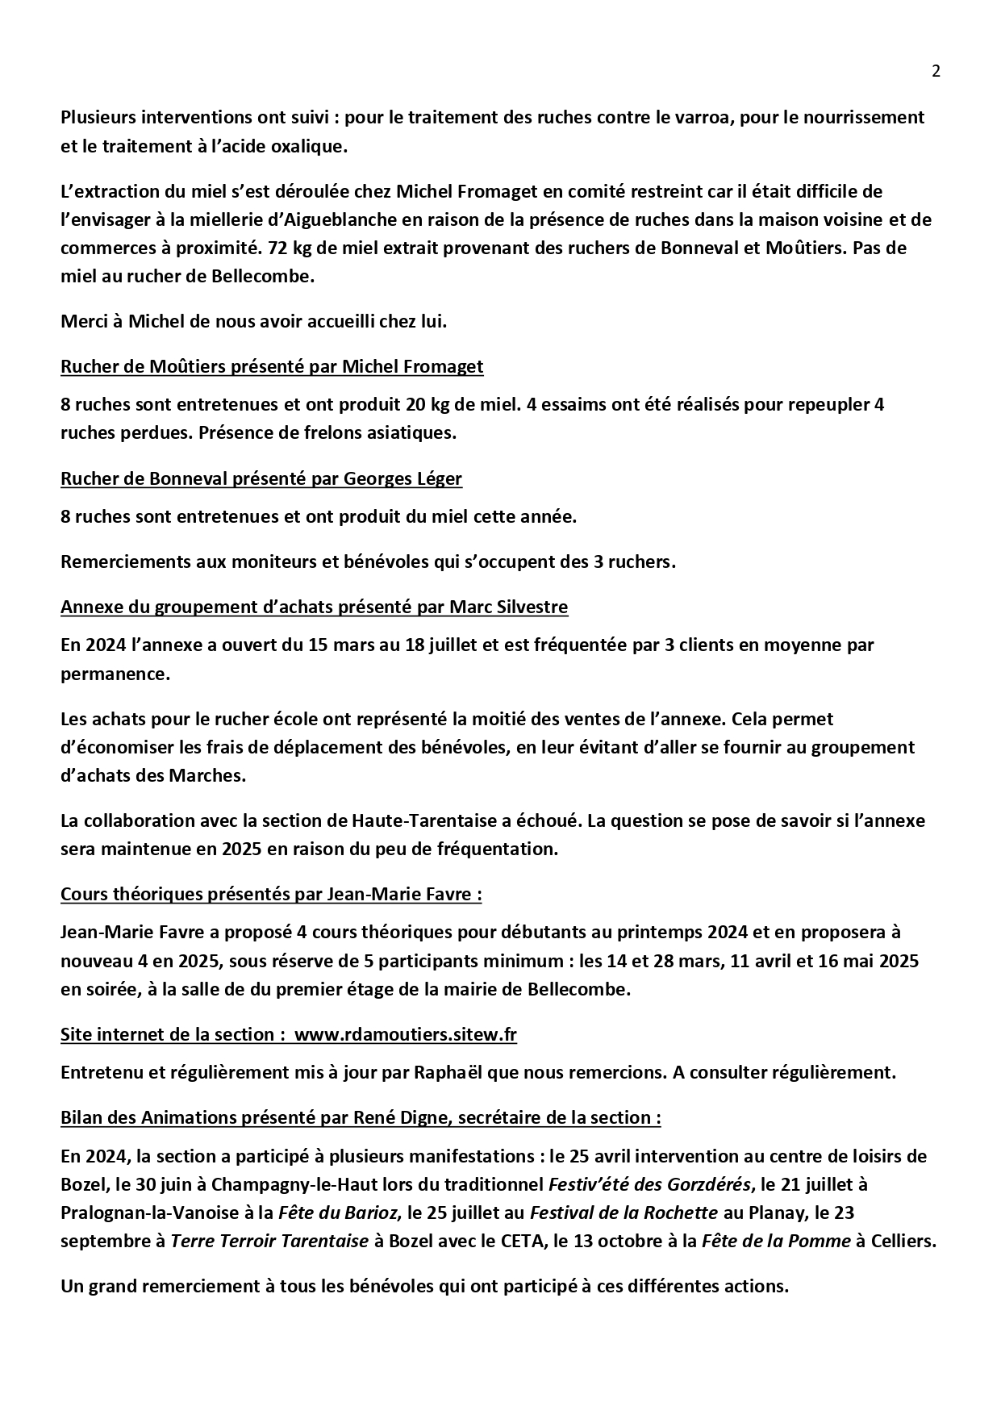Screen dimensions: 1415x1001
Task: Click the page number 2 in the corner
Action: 936,71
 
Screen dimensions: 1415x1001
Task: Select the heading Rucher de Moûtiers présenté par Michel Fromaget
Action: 272,367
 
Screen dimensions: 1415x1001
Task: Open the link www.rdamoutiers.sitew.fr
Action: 405,1035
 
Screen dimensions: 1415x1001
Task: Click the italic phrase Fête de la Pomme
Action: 776,1241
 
